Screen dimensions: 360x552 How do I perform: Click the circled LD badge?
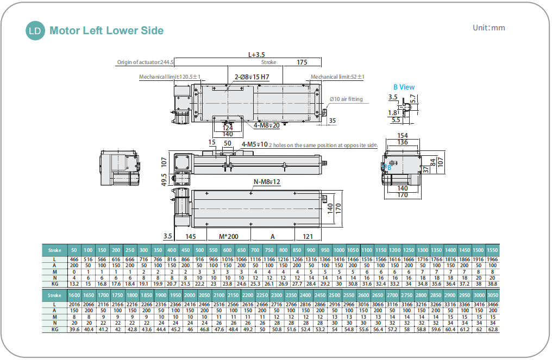click(x=35, y=30)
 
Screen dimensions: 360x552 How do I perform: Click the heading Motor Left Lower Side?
click(x=106, y=30)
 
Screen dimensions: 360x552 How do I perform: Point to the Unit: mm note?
click(x=488, y=28)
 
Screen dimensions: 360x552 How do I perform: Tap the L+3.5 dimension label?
click(x=256, y=54)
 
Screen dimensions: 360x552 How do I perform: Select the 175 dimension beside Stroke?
click(x=302, y=62)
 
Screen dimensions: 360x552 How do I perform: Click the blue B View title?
click(x=404, y=87)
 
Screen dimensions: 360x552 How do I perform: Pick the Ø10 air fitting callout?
click(x=346, y=99)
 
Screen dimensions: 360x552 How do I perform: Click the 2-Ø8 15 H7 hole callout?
click(x=252, y=77)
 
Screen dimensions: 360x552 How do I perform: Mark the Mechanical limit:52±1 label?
click(x=337, y=77)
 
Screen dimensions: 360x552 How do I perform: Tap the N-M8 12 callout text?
click(x=267, y=182)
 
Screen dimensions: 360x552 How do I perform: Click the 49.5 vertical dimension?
click(x=165, y=180)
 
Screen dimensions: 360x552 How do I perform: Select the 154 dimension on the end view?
click(x=402, y=135)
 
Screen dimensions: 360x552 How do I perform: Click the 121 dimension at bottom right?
click(x=308, y=237)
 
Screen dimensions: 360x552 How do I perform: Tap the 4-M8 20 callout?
click(x=267, y=125)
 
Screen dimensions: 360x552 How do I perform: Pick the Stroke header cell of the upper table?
click(x=55, y=250)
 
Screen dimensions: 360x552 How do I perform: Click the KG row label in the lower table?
click(x=55, y=329)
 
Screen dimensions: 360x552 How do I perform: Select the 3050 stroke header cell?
click(x=492, y=294)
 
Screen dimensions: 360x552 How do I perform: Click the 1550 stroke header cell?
click(x=492, y=250)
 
